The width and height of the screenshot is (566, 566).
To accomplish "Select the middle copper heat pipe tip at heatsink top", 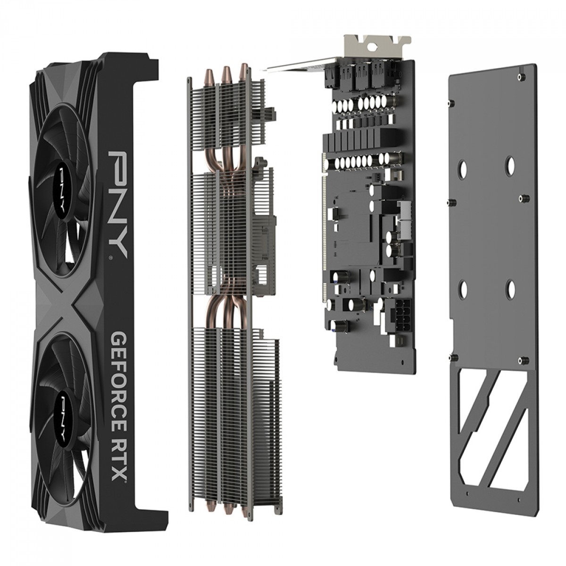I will (226, 73).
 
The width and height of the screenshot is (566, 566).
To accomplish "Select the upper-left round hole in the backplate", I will (463, 167).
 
